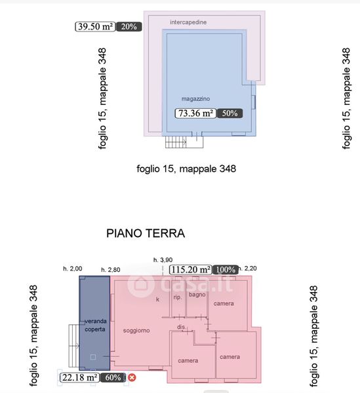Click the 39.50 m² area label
pos(95,27)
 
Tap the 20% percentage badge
pos(129,27)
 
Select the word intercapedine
pos(188,22)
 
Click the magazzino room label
pos(195,99)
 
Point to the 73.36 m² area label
pos(195,113)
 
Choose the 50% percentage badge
pos(230,113)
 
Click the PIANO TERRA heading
pos(146,233)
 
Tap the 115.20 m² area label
pos(191,270)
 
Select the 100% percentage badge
pos(226,270)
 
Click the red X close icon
pos(132,377)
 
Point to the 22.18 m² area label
pos(80,377)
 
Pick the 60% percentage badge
pos(113,377)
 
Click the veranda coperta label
pos(95,325)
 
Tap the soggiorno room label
pos(136,331)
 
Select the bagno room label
pos(197,295)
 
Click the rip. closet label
pos(177,297)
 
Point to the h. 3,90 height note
pos(163,260)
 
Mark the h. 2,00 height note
pos(73,269)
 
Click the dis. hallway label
pos(182,327)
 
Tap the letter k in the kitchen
pos(157,299)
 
